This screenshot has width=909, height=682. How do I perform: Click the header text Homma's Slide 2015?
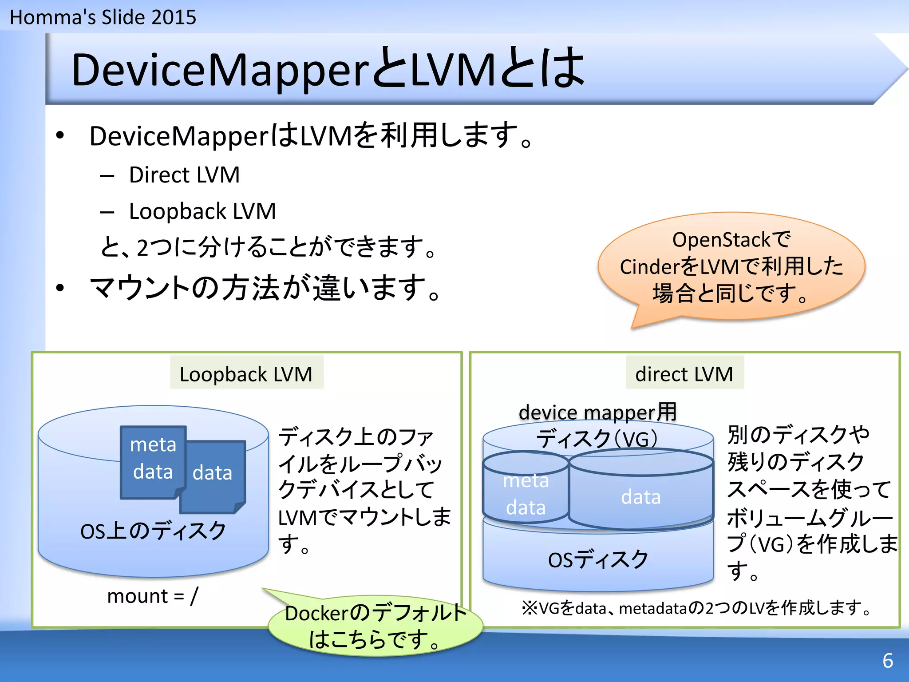click(x=103, y=18)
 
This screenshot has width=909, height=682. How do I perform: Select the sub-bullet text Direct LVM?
click(x=184, y=175)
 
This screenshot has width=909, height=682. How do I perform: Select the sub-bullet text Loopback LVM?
click(x=202, y=211)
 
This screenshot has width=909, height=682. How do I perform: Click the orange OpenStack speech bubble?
click(x=731, y=266)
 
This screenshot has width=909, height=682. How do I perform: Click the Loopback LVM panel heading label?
click(x=246, y=374)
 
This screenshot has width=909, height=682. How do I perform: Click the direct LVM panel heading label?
click(x=684, y=374)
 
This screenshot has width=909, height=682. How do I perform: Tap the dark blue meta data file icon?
click(x=153, y=460)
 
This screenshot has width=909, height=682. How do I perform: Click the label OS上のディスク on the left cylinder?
click(x=153, y=531)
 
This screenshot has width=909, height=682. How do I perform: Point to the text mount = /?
click(x=153, y=596)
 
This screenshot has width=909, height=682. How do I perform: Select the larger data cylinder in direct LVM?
click(x=641, y=496)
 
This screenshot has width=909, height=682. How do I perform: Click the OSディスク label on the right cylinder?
click(x=598, y=559)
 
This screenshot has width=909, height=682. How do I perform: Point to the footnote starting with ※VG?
click(x=697, y=608)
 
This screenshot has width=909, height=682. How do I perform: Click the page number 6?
click(x=888, y=661)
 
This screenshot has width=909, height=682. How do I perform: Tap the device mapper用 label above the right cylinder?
click(x=597, y=412)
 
